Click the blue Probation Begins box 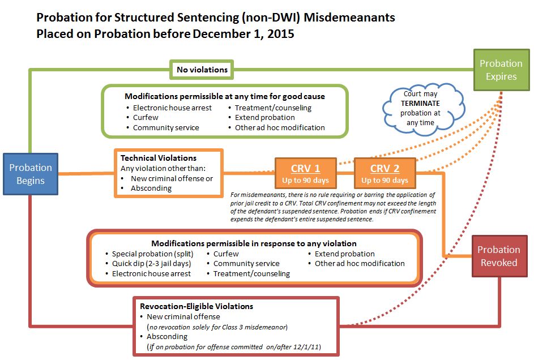[31, 174]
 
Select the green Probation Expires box [501, 70]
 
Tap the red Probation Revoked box [498, 256]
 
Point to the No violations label [202, 70]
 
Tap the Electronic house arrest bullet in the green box [172, 108]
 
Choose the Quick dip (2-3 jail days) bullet [152, 263]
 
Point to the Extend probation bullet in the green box [264, 117]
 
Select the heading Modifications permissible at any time [225, 96]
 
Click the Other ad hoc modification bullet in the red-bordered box [360, 263]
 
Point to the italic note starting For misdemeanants [332, 207]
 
